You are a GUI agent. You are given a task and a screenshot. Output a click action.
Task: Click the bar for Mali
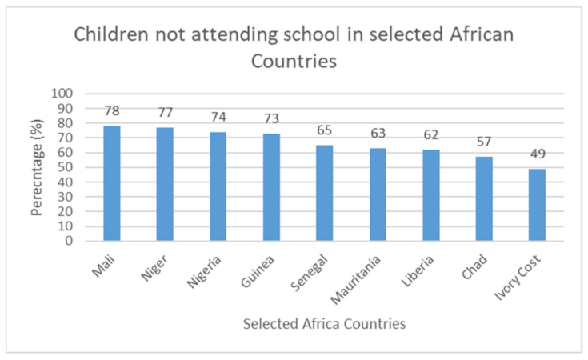pos(112,183)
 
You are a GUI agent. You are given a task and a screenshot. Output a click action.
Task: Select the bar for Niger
pos(165,184)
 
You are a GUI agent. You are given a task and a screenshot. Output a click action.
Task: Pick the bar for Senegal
pos(324,193)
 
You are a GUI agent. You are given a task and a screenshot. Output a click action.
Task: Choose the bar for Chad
pos(484,198)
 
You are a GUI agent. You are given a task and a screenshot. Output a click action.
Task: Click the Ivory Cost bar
pos(537,205)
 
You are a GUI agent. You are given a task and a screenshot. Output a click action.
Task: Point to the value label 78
pos(112,112)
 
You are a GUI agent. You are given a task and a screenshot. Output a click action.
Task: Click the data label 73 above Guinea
pos(271,119)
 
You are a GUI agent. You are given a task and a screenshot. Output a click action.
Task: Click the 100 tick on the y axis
pos(62,94)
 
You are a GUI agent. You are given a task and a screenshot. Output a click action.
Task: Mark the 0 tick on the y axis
pos(69,241)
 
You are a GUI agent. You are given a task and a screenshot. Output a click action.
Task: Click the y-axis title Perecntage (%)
pos(36,166)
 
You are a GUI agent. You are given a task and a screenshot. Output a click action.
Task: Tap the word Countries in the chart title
pos(293,61)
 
